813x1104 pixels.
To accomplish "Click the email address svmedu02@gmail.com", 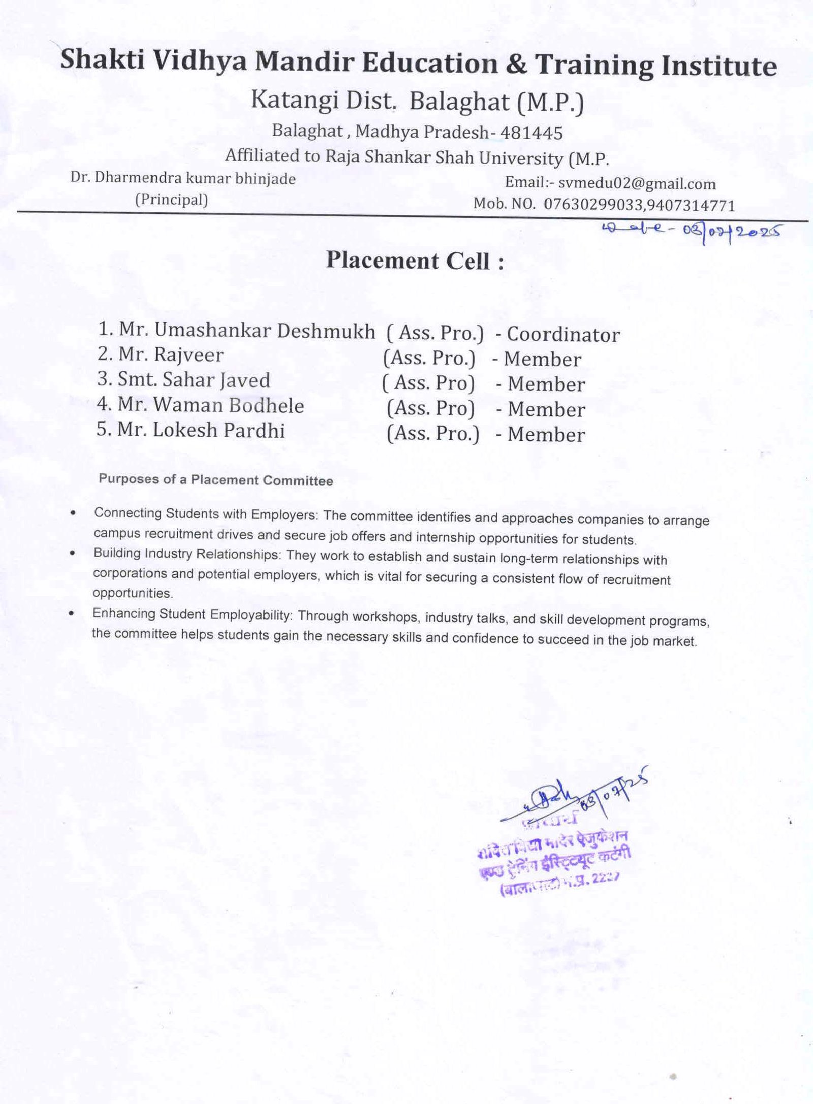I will click(x=637, y=184).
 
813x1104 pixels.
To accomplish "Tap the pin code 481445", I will click(x=531, y=133).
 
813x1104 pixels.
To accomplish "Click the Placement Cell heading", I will click(x=415, y=261).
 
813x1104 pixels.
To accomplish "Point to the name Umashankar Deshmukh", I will click(x=264, y=331).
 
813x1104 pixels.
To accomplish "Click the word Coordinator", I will click(x=564, y=335).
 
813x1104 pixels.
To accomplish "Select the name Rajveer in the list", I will click(x=189, y=355).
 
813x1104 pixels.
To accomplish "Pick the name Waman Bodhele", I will click(x=229, y=405).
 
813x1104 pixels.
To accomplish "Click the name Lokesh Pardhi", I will click(x=219, y=431).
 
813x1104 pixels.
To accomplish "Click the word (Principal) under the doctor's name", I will click(x=171, y=200).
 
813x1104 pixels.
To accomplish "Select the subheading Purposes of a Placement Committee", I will click(x=216, y=480).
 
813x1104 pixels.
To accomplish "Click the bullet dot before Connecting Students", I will click(x=75, y=513).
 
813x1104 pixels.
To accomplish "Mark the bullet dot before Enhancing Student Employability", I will click(x=72, y=613).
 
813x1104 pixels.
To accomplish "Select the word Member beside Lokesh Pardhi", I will click(x=546, y=435).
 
